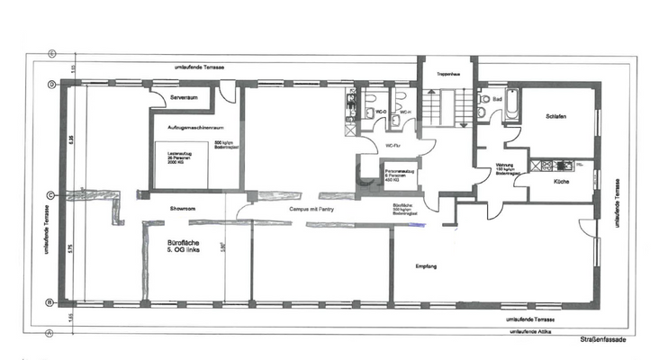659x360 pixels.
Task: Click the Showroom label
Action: click(x=183, y=208)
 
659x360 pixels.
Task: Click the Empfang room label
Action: click(x=426, y=267)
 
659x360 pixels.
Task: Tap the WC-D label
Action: click(x=380, y=112)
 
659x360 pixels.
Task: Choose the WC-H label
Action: click(x=405, y=112)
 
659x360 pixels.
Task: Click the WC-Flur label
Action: click(x=393, y=144)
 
